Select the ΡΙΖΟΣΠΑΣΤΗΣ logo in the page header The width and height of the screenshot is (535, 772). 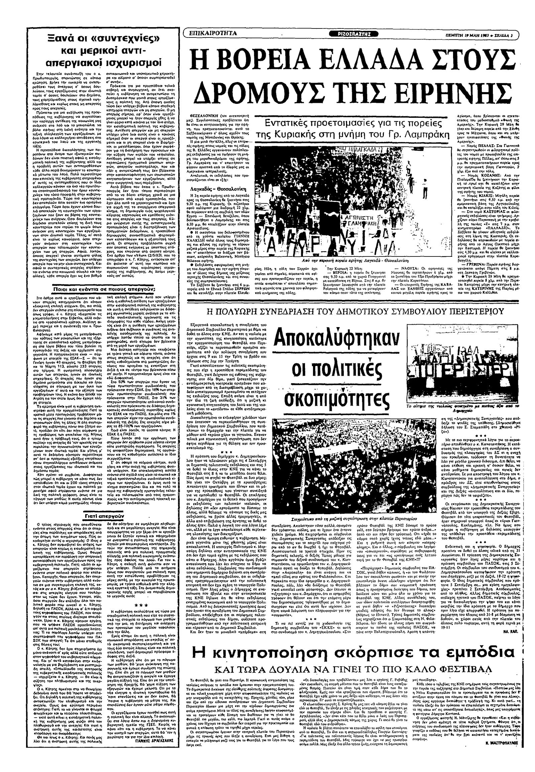pos(355,33)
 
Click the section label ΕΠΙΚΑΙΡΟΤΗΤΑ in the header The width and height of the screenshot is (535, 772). pos(213,33)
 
